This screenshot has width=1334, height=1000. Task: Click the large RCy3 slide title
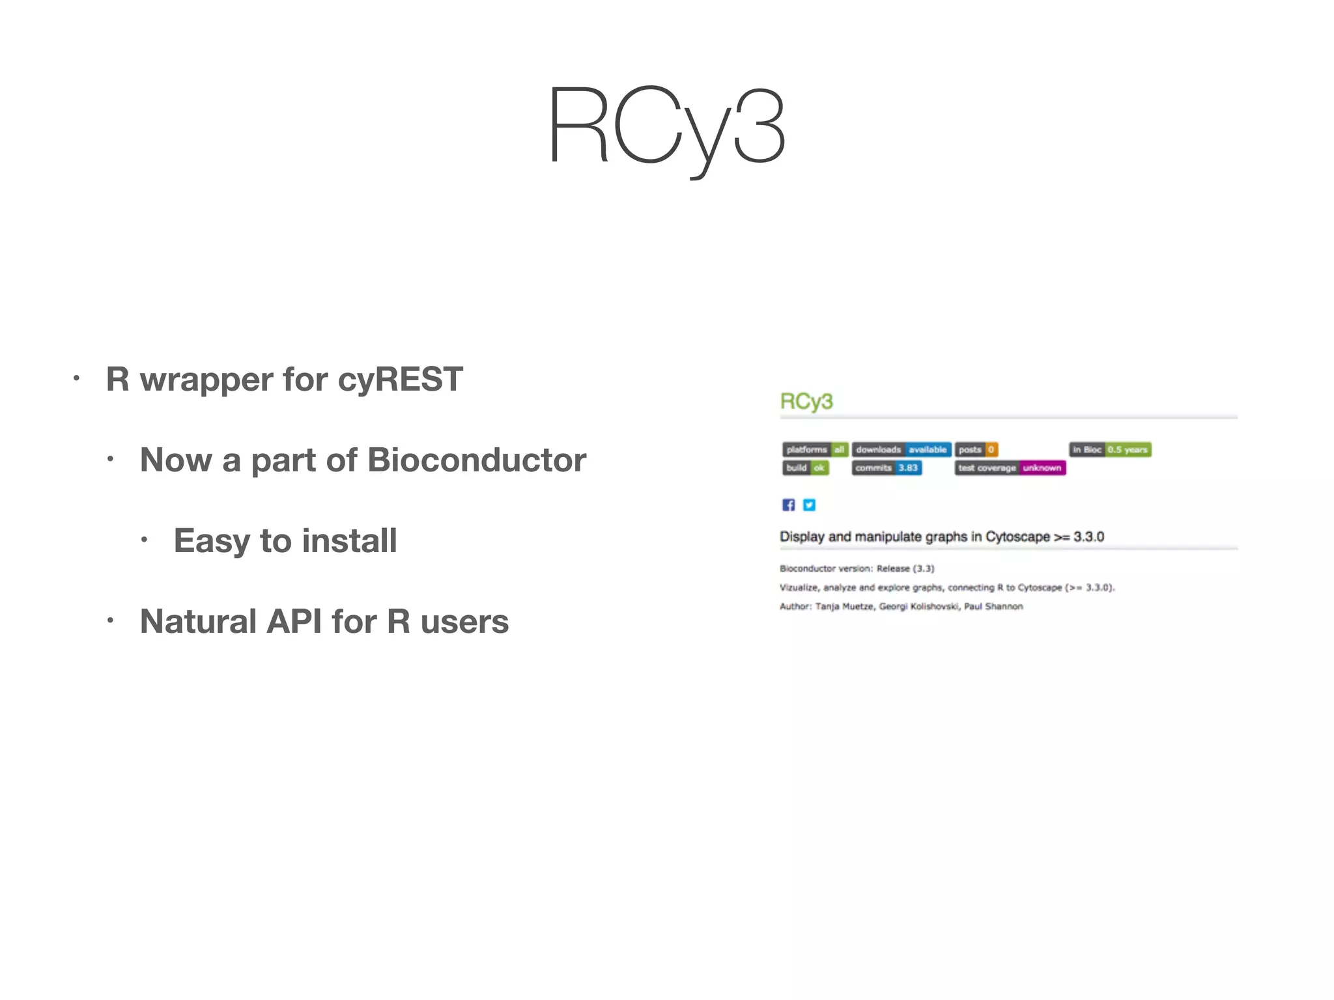[666, 127]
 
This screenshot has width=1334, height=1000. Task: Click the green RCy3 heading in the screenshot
[806, 402]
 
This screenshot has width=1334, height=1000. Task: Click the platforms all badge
[815, 450]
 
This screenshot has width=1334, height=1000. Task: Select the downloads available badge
[901, 450]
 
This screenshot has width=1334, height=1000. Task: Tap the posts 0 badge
[976, 450]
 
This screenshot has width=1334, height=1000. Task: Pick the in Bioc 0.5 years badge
[1110, 450]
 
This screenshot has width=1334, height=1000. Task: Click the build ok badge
[805, 468]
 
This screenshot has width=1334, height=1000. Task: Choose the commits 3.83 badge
[887, 468]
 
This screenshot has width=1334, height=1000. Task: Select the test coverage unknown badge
[1010, 468]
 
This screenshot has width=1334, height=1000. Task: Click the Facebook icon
[789, 505]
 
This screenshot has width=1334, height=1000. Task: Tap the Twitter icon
[809, 505]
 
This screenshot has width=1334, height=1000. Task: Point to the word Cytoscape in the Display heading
[1017, 537]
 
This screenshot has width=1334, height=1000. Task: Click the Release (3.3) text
[905, 569]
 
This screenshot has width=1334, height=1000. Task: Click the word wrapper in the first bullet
[206, 380]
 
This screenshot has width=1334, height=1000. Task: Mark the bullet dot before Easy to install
[144, 540]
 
